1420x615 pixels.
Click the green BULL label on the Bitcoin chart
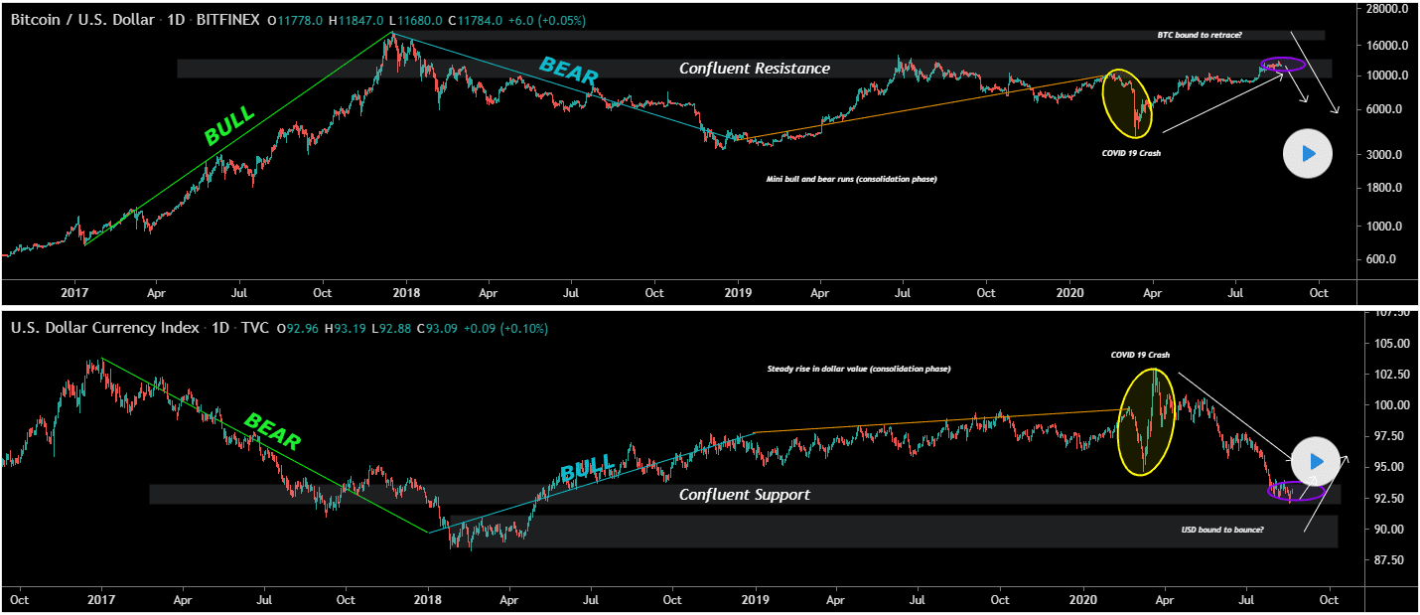click(x=229, y=124)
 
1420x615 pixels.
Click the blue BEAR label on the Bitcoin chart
click(x=568, y=73)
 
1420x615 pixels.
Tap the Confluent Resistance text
click(x=754, y=69)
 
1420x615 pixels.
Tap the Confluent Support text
click(x=744, y=495)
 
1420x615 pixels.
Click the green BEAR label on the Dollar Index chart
click(x=272, y=432)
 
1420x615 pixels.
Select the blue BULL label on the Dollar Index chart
click(x=590, y=467)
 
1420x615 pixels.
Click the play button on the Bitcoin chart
click(x=1307, y=154)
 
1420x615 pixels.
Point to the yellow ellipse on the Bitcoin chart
click(x=1129, y=103)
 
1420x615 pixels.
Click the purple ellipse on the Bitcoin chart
click(x=1282, y=66)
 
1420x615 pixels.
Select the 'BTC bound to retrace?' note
click(x=1200, y=35)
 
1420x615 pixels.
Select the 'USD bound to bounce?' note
click(x=1221, y=530)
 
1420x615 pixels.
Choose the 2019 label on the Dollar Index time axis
click(x=756, y=600)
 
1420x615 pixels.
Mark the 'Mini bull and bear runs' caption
click(x=851, y=179)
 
